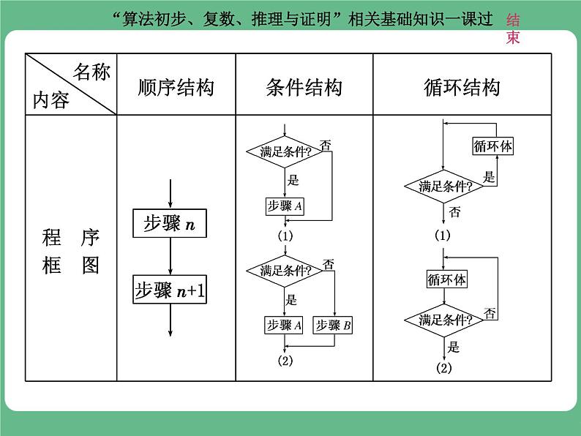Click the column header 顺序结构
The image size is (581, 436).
(x=176, y=88)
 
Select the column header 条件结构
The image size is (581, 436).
(x=304, y=88)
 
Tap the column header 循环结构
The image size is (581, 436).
(x=462, y=88)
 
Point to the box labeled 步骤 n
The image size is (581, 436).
(x=169, y=224)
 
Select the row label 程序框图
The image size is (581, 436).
(x=71, y=251)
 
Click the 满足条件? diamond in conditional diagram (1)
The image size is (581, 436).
(x=285, y=152)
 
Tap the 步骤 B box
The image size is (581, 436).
(x=333, y=326)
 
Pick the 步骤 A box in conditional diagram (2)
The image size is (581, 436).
(x=285, y=326)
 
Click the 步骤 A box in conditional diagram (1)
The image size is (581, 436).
(x=285, y=207)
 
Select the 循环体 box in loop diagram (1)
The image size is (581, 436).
(x=493, y=146)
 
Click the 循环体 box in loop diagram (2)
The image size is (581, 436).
(x=446, y=279)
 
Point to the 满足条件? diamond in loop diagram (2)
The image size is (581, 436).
(x=446, y=320)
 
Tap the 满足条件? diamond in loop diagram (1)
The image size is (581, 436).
(x=446, y=186)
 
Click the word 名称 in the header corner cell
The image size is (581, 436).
(x=91, y=72)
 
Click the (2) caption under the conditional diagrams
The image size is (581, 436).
(x=285, y=360)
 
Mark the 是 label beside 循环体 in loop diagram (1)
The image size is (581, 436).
(x=490, y=176)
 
